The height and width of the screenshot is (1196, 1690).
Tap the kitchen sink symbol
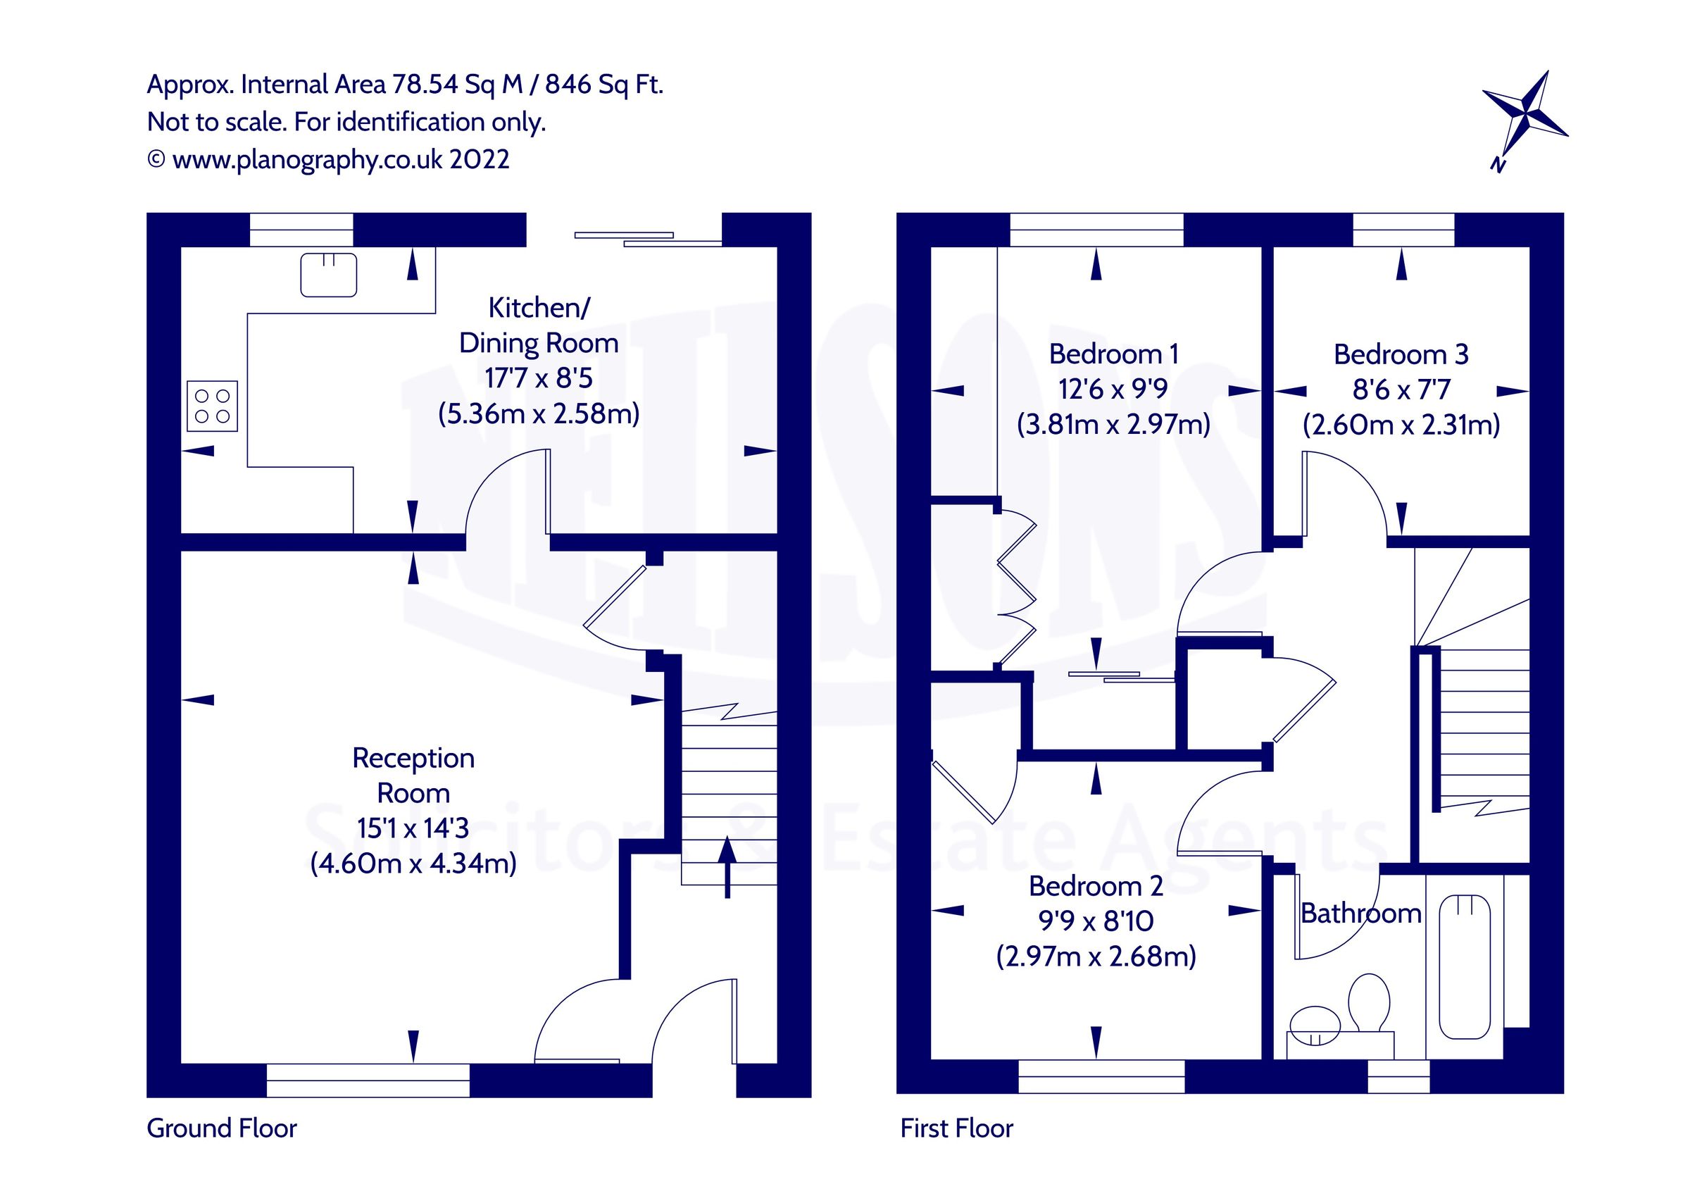click(x=328, y=275)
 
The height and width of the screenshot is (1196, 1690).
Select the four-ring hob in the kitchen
click(x=212, y=406)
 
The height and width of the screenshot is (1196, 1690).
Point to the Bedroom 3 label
click(x=1401, y=355)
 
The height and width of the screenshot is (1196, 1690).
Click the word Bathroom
click(x=1360, y=914)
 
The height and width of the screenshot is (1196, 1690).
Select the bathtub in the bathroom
click(x=1464, y=966)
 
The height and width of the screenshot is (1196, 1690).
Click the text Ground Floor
click(x=222, y=1128)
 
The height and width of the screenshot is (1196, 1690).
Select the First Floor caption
click(x=956, y=1128)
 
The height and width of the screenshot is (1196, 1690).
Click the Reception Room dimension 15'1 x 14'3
click(x=412, y=828)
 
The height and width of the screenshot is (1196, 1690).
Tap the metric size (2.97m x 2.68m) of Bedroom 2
click(x=1095, y=957)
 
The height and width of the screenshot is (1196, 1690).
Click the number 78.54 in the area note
click(x=425, y=85)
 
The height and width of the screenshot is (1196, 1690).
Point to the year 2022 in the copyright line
click(x=479, y=160)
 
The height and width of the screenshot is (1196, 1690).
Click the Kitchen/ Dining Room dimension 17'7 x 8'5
click(x=538, y=378)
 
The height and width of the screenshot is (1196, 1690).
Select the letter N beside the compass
click(x=1497, y=165)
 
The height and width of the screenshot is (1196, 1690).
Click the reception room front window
click(x=368, y=1080)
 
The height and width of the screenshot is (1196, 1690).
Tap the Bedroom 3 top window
click(x=1403, y=229)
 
